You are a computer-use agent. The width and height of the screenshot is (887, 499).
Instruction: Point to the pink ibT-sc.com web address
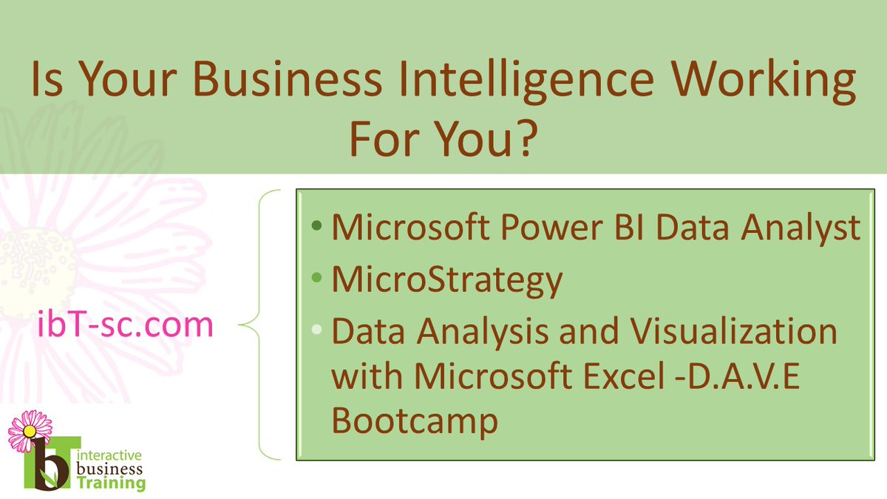point(125,325)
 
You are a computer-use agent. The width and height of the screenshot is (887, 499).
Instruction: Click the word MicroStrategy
point(446,281)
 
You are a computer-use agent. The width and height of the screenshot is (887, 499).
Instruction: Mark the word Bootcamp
point(414,421)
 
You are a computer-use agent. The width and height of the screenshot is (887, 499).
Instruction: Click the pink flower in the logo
point(30,430)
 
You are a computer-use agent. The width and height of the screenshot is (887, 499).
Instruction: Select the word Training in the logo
point(112,483)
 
